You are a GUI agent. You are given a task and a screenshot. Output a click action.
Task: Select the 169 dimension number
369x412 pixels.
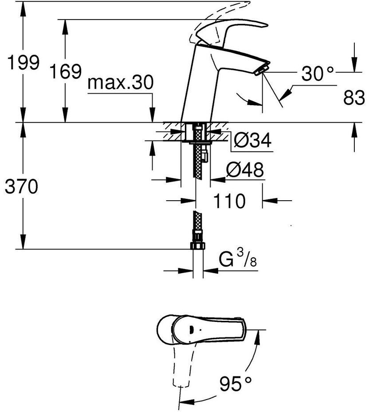[x=65, y=71]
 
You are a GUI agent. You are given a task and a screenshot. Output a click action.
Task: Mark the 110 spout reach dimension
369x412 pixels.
[x=229, y=202]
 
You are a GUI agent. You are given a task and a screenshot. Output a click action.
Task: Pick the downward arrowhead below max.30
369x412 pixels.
[x=153, y=116]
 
